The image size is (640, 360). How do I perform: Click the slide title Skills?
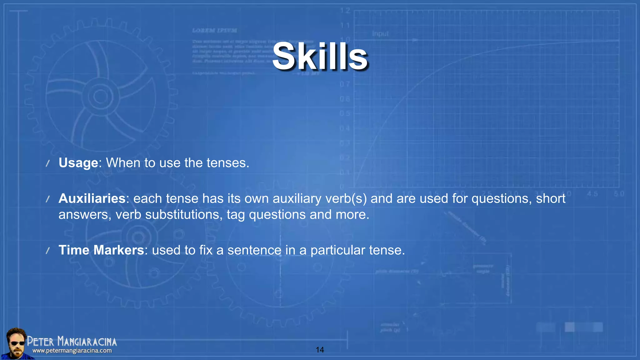[x=320, y=57]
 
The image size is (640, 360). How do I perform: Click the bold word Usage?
[x=78, y=163]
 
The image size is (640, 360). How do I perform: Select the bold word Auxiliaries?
[x=92, y=199]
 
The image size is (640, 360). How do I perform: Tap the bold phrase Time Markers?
[x=101, y=250]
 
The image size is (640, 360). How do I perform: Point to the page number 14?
[x=320, y=350]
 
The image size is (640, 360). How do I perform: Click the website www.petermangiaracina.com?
[x=72, y=351]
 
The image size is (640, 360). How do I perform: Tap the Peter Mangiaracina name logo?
[x=72, y=342]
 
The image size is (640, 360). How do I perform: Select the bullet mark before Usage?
[x=48, y=163]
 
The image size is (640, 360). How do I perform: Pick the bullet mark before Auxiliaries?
[x=48, y=199]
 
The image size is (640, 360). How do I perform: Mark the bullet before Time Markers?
[x=48, y=251]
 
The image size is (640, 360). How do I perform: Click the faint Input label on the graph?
[x=380, y=34]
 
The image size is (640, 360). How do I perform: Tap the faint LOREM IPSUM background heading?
[x=214, y=31]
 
